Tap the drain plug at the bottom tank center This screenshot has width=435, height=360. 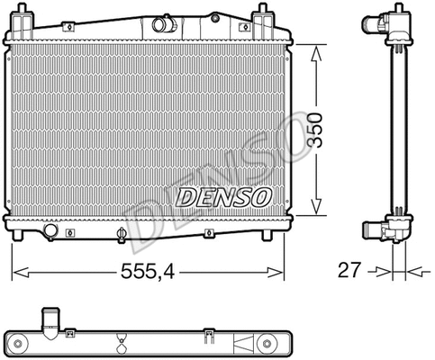click(x=120, y=237)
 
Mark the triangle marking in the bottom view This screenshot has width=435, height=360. click(x=241, y=341)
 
